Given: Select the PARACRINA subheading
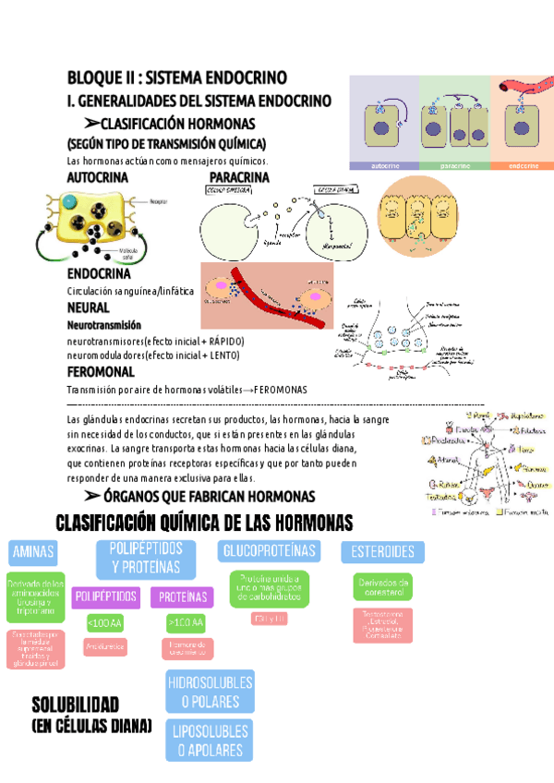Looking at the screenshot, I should point(242,175).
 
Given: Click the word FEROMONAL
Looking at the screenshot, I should point(102,371).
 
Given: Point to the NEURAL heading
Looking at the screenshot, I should point(89,307).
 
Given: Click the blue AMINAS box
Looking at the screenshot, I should point(33,552).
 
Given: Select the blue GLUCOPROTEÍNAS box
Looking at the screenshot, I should point(270,551).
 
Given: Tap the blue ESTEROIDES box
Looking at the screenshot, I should point(382,552).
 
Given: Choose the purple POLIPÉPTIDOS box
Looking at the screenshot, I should point(107,596).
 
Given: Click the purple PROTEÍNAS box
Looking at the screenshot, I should point(183,596).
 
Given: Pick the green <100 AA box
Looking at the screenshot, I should point(104,623).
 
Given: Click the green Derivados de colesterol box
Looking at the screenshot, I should point(382,585).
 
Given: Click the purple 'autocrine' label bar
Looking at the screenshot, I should point(383,166).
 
